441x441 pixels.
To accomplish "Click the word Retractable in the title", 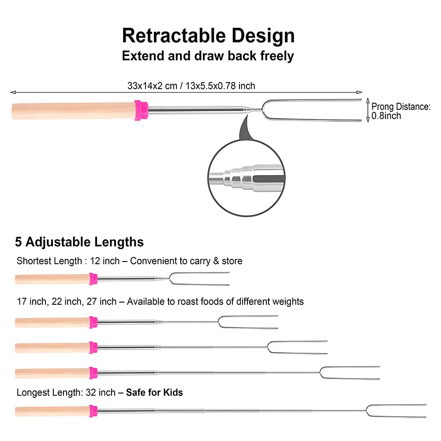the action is (x=174, y=36).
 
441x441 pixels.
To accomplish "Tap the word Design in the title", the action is (x=263, y=37).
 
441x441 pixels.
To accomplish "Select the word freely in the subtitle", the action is (x=277, y=56).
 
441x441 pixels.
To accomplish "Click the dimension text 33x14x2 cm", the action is (x=152, y=86).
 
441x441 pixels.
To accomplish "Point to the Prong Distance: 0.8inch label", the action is (x=401, y=111).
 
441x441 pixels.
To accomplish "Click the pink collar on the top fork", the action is (x=141, y=110).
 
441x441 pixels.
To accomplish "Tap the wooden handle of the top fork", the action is (x=73, y=111).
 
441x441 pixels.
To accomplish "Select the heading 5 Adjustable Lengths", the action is (x=79, y=242).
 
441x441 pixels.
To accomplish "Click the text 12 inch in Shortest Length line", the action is (x=105, y=261).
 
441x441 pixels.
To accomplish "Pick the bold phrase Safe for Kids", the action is (x=154, y=392).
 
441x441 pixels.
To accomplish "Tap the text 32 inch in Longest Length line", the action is (x=101, y=392).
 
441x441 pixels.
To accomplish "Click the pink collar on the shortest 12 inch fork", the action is (x=93, y=279).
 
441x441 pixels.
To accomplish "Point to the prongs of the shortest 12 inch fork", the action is (x=199, y=279).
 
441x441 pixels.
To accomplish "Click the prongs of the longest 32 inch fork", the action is (x=396, y=411).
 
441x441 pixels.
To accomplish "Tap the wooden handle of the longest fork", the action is (x=52, y=411).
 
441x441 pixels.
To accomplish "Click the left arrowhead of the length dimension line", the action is (x=13, y=92).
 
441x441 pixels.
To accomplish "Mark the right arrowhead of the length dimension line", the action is (x=359, y=92).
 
